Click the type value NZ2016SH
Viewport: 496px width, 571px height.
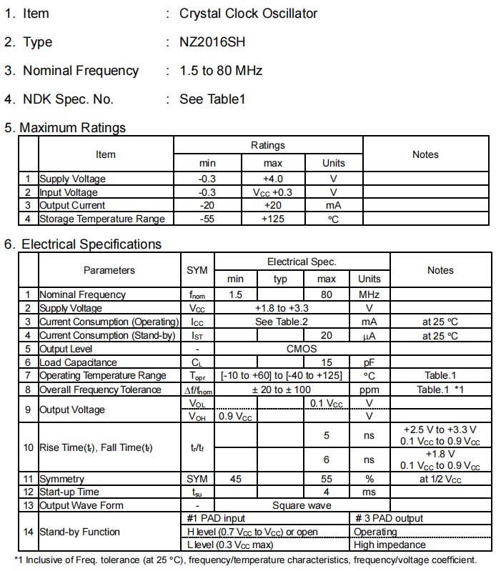pyautogui.click(x=212, y=42)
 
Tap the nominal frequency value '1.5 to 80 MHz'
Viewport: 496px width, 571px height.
pyautogui.click(x=221, y=71)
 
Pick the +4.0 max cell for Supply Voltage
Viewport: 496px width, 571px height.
pyautogui.click(x=272, y=179)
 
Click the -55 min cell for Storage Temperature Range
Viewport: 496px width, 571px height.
pyautogui.click(x=207, y=219)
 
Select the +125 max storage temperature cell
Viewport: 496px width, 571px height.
pyautogui.click(x=272, y=219)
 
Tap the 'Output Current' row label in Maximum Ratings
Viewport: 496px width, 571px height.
pyautogui.click(x=72, y=206)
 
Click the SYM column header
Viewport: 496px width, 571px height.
pyautogui.click(x=197, y=270)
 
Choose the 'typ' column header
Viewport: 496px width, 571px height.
pyautogui.click(x=280, y=279)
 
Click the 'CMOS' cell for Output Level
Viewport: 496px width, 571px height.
pyautogui.click(x=301, y=349)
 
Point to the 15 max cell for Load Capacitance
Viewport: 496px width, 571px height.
pyautogui.click(x=327, y=362)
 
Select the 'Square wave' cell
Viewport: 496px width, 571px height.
pyautogui.click(x=302, y=505)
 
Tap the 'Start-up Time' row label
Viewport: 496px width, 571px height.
pyautogui.click(x=69, y=492)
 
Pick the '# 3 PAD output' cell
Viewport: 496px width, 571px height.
pyautogui.click(x=389, y=518)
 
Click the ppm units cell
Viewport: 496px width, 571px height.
pyautogui.click(x=369, y=389)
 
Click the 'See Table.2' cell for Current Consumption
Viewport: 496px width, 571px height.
pyautogui.click(x=282, y=322)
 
